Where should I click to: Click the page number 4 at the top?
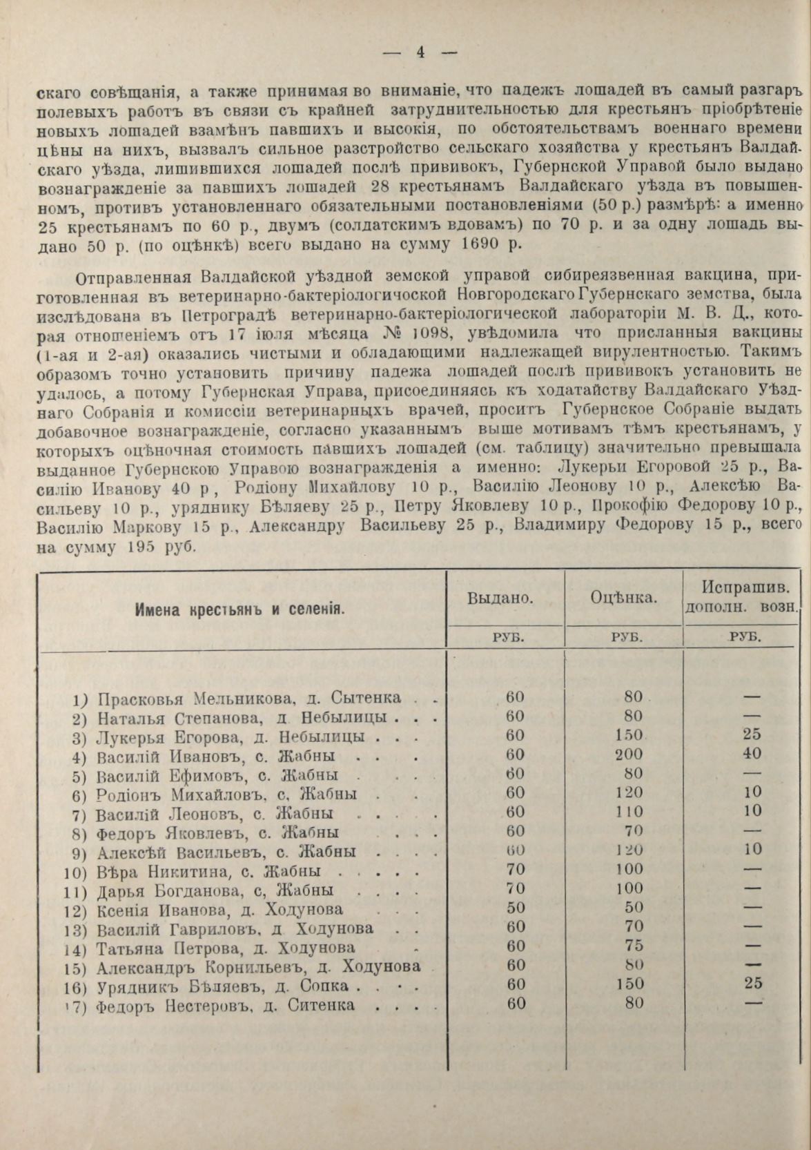point(420,52)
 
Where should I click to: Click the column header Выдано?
point(500,598)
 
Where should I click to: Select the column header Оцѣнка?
point(623,598)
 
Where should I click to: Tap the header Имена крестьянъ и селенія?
point(240,610)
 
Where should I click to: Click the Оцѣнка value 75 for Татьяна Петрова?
point(628,946)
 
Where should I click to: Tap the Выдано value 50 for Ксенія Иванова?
point(516,908)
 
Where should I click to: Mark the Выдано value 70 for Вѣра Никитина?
point(516,869)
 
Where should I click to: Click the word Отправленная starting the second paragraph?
point(132,277)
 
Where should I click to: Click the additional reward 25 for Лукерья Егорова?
point(753,734)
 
